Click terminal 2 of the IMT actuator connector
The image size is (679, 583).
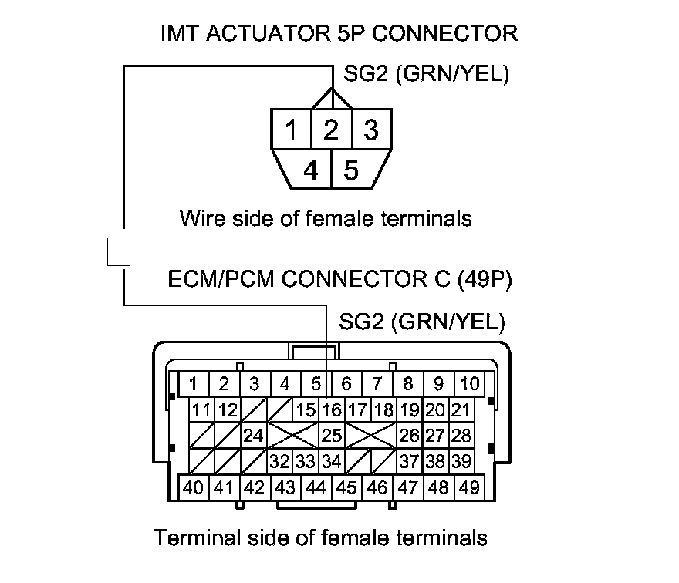point(331,130)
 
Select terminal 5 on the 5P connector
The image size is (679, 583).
point(351,169)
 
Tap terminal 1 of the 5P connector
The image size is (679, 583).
point(290,130)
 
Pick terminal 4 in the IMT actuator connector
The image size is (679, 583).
point(311,169)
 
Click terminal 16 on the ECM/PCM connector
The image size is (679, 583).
point(332,409)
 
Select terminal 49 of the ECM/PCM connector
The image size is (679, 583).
point(470,487)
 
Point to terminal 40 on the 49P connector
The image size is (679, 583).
point(193,487)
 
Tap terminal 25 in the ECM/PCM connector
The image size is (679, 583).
point(332,436)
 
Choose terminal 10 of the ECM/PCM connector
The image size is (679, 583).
point(470,383)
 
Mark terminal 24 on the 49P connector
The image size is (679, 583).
point(253,436)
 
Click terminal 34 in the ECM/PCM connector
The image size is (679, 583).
point(332,461)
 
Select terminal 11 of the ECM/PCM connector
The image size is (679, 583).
point(202,409)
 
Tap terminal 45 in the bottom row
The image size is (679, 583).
point(346,487)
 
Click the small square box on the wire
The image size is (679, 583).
point(119,251)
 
